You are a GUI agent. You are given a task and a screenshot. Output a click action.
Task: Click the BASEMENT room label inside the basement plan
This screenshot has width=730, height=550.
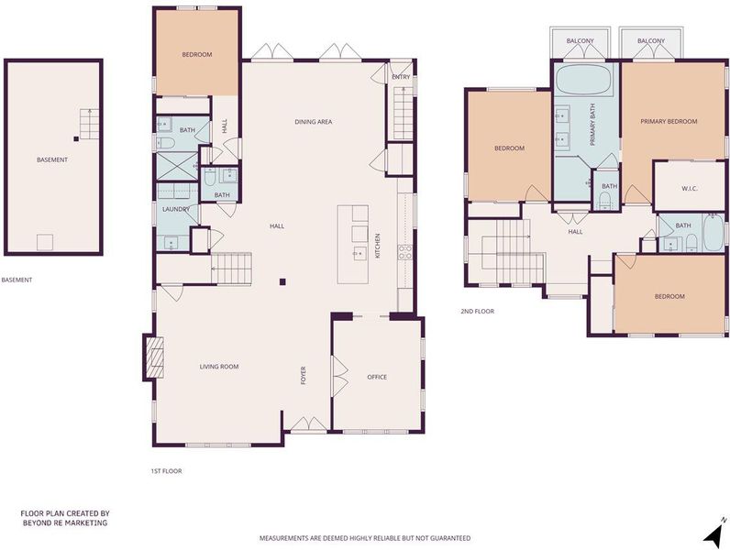pos(52,159)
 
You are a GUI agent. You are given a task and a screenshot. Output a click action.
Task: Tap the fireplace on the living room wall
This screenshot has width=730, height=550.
pos(155,357)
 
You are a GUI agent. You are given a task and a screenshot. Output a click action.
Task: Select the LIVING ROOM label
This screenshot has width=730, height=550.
pos(219,367)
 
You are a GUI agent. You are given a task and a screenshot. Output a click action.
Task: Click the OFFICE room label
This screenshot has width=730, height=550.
pos(377,377)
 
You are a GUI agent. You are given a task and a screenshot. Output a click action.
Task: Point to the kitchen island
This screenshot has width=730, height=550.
pos(353,244)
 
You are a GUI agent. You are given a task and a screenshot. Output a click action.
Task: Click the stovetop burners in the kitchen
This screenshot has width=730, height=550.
pos(404,252)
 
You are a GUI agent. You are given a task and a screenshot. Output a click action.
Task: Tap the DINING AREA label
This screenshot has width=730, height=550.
pos(314,122)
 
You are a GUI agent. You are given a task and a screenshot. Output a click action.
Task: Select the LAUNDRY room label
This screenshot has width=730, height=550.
pos(175,209)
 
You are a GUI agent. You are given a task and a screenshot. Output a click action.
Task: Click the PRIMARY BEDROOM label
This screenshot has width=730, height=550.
pos(669,121)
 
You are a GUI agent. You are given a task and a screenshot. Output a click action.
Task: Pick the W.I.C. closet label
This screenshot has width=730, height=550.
pos(690,189)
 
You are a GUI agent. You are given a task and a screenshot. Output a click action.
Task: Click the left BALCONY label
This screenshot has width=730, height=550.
pos(581,41)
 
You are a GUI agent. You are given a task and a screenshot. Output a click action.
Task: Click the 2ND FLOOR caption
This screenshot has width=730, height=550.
pos(477,312)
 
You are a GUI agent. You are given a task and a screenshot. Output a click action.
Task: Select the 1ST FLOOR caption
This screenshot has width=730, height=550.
pos(166,471)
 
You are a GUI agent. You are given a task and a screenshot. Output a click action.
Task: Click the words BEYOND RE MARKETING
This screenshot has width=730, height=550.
pos(65,522)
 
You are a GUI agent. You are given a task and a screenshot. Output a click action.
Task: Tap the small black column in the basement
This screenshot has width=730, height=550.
pos(76,138)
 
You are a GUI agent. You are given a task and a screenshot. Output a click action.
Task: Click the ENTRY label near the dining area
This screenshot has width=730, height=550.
pos(401,77)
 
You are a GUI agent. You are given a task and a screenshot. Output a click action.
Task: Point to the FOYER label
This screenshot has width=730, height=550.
pos(303,376)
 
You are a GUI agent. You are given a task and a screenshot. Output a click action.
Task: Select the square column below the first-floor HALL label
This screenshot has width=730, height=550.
pos(282,281)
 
